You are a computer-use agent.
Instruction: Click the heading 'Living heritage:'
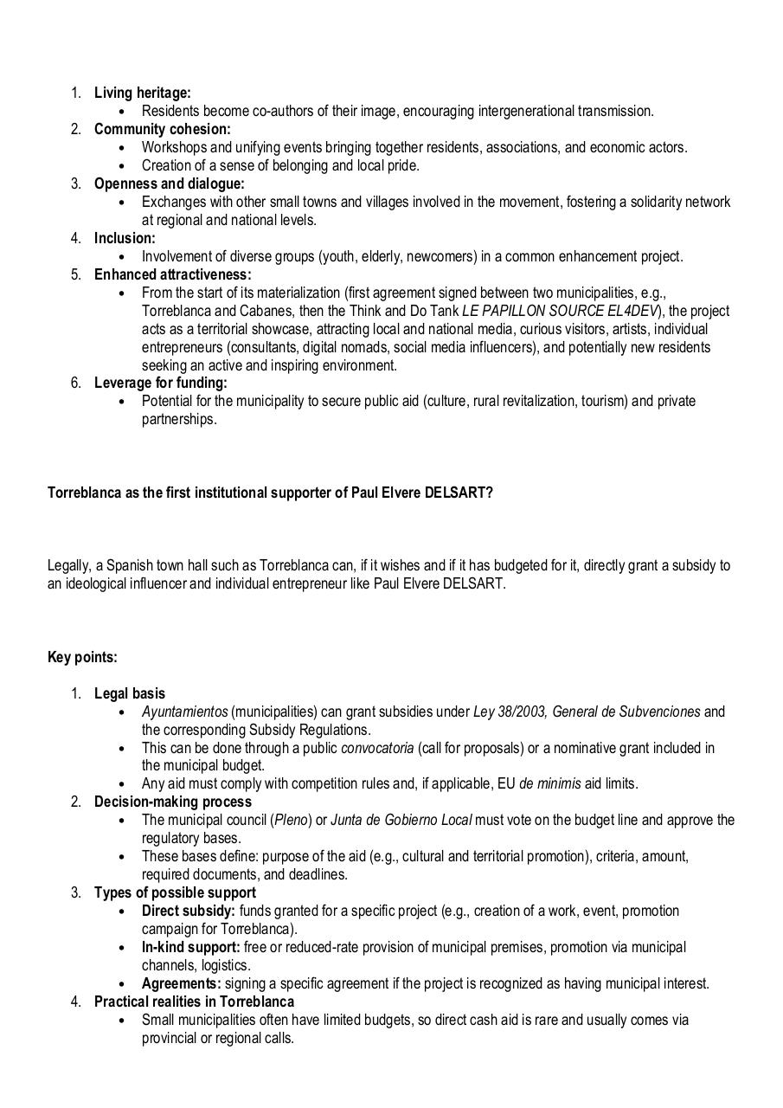[x=143, y=93]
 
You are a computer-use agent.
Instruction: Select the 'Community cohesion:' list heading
[x=163, y=129]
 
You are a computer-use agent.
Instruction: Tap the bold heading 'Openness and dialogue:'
[x=170, y=184]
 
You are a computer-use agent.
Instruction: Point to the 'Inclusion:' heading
[x=125, y=238]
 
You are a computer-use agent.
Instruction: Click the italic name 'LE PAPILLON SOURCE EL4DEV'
[x=560, y=311]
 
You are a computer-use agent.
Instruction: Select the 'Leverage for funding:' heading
[x=161, y=383]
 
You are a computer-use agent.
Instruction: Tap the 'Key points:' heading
[x=82, y=657]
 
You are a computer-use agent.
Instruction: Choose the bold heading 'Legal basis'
[x=130, y=693]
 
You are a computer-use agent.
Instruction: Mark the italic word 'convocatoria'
[x=377, y=748]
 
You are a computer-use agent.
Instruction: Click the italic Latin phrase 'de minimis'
[x=552, y=784]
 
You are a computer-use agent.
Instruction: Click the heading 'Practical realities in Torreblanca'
[x=195, y=1002]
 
